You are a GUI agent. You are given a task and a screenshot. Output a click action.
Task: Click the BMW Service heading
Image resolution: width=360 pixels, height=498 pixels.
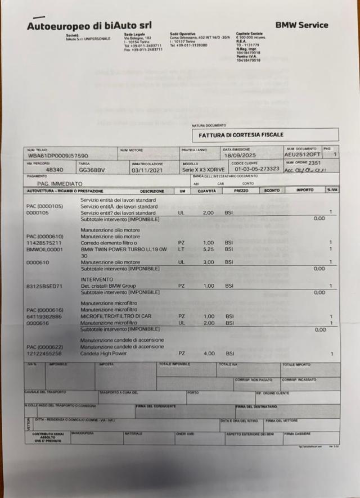click(301, 25)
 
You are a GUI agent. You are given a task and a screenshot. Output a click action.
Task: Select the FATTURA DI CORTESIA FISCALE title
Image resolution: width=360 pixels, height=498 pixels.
click(241, 135)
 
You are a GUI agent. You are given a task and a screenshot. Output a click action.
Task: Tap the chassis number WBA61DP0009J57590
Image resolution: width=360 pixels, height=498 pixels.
click(58, 156)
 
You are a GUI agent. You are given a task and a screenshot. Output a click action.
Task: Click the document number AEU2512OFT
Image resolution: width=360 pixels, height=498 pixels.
click(301, 155)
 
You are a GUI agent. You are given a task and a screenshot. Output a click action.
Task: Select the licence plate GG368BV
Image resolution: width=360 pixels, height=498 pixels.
click(91, 169)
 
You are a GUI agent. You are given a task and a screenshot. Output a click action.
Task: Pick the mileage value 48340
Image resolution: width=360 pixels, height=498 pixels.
click(54, 169)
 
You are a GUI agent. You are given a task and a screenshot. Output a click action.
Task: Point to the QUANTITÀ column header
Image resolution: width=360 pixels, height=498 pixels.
click(206, 191)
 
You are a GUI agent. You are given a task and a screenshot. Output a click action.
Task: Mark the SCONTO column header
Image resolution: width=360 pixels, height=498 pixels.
click(272, 191)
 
